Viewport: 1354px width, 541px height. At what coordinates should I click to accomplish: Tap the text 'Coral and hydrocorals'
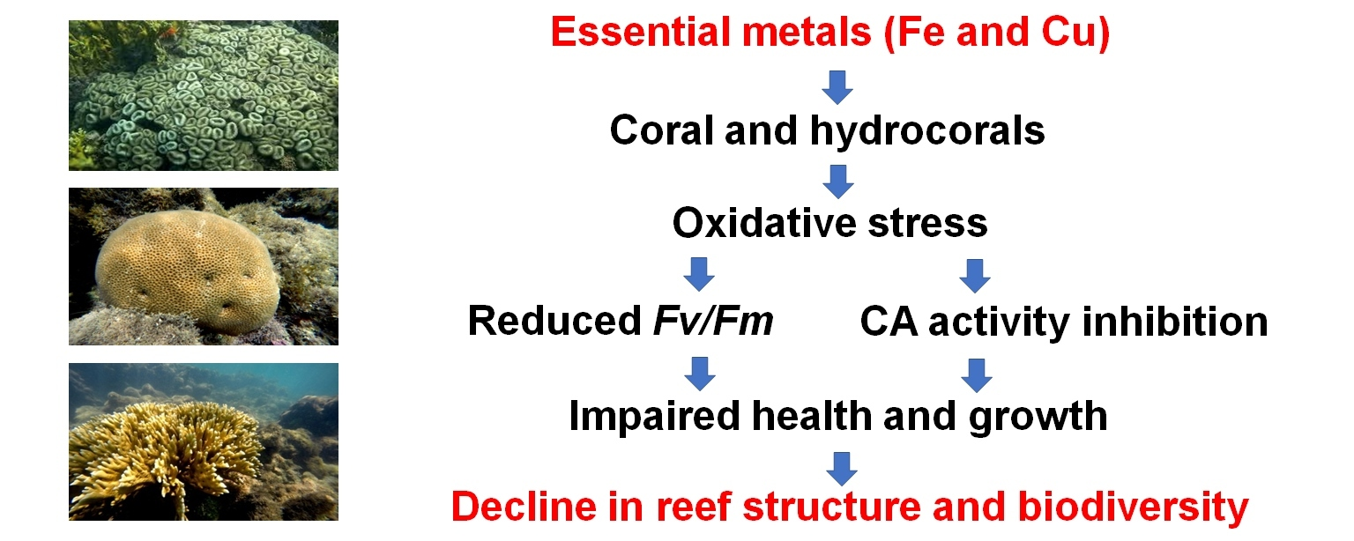[x=827, y=130]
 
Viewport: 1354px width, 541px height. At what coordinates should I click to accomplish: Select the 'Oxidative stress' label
[x=830, y=223]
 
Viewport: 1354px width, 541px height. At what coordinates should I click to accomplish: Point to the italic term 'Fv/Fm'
[x=713, y=322]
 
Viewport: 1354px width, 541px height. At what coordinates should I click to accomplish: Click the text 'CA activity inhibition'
[x=1063, y=322]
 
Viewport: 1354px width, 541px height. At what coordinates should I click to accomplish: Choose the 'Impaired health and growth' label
[x=837, y=415]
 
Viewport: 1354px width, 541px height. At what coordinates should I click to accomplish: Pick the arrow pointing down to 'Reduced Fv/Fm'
[x=700, y=274]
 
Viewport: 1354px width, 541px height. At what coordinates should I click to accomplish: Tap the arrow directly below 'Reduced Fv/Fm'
[x=700, y=373]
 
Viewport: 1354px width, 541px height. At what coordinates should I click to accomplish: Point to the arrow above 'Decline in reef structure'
[x=842, y=466]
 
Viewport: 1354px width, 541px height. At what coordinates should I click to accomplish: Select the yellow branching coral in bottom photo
[x=167, y=454]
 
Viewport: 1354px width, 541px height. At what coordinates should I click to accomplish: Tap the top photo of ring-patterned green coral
[x=203, y=95]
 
